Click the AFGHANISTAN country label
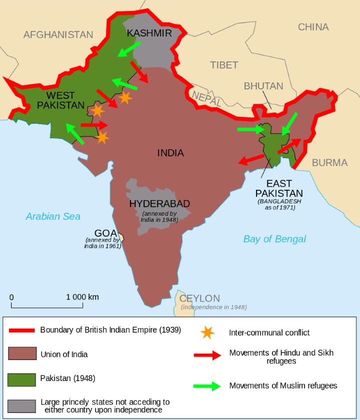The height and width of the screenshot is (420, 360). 58,35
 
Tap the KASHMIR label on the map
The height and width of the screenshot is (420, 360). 149,33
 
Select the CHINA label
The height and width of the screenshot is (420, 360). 313,27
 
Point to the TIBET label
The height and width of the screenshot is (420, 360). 224,65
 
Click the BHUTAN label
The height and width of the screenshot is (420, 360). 263,86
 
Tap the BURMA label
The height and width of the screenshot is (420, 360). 329,162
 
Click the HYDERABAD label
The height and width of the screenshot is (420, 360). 159,204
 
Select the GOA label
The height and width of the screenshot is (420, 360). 105,233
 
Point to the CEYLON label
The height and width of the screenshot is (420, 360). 199,298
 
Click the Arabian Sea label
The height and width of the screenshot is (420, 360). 53,216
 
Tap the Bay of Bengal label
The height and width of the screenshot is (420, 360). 274,239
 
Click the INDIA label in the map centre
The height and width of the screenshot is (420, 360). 170,153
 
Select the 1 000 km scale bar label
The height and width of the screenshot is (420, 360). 82,297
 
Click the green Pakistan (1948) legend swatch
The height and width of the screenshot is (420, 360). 21,379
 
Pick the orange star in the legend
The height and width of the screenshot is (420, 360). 205,332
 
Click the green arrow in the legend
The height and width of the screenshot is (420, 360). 206,386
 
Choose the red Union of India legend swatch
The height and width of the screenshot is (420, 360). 21,354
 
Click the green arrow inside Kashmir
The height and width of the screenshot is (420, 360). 129,48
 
